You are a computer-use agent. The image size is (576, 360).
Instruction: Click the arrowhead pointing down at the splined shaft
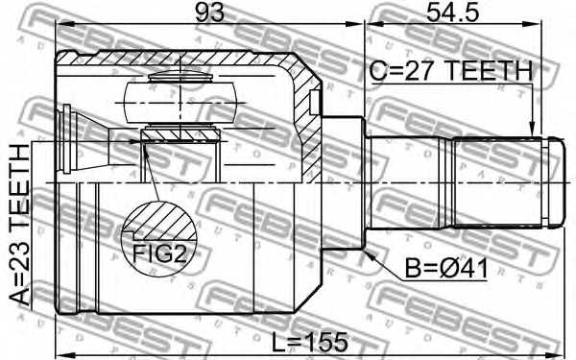tap(533, 131)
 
